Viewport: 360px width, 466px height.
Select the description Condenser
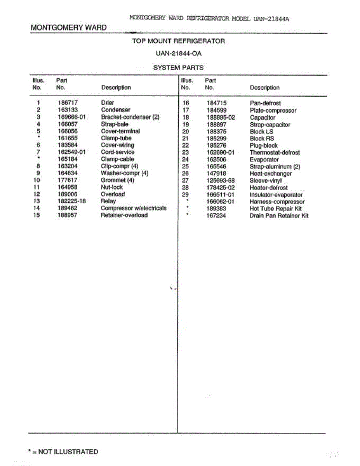(115, 110)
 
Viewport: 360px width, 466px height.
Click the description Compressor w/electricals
(133, 208)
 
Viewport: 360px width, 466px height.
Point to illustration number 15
(37, 215)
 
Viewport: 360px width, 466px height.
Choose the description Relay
(108, 201)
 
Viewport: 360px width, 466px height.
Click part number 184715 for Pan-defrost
(216, 103)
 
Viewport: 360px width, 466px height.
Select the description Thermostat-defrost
(275, 153)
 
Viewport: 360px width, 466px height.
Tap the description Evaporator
(264, 160)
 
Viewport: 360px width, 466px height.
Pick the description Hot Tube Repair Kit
(275, 209)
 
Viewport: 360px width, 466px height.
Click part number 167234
(216, 216)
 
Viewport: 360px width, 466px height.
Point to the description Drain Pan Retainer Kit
(279, 216)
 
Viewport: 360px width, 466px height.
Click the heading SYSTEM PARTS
(178, 68)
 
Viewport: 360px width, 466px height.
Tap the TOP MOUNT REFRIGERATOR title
(178, 41)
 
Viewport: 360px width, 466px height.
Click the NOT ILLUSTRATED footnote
(63, 452)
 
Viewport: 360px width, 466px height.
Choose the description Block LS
(261, 132)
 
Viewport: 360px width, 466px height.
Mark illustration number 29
(185, 195)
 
